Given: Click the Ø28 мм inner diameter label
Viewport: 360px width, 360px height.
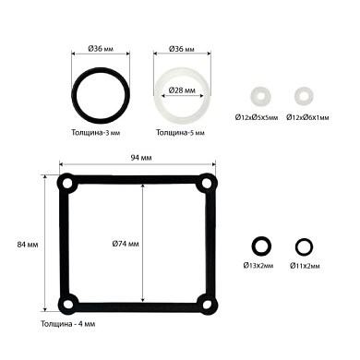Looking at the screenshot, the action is (182, 90).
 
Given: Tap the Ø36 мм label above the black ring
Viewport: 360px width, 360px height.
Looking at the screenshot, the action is (101, 49).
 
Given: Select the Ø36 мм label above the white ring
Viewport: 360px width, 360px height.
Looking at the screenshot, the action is (182, 49).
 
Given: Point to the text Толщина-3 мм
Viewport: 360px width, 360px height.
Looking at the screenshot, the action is (96, 133).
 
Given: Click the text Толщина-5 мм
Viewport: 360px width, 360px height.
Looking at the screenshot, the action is (180, 133).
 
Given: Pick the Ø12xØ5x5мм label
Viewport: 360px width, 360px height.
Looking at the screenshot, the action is (257, 117).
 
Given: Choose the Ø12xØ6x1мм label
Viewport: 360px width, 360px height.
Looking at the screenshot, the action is (307, 117).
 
